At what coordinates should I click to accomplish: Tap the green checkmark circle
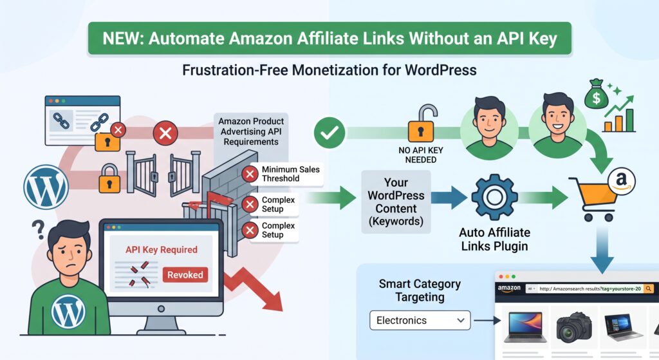329,133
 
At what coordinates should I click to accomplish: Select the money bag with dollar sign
596,94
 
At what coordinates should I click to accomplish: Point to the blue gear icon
494,197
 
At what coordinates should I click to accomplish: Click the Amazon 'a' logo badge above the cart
622,181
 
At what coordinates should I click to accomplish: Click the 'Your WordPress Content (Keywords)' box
396,202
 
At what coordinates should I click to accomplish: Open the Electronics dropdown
420,321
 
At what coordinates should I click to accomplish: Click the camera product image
573,328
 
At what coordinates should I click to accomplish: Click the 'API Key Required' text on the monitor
162,249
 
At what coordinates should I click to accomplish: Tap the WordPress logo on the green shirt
68,312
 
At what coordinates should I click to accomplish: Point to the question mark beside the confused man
39,230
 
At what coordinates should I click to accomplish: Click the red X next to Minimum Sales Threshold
250,174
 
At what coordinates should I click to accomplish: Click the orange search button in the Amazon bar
649,289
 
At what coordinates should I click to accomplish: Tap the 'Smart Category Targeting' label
420,290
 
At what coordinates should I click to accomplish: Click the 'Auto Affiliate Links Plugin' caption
494,239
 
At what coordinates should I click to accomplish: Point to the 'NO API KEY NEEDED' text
421,155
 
